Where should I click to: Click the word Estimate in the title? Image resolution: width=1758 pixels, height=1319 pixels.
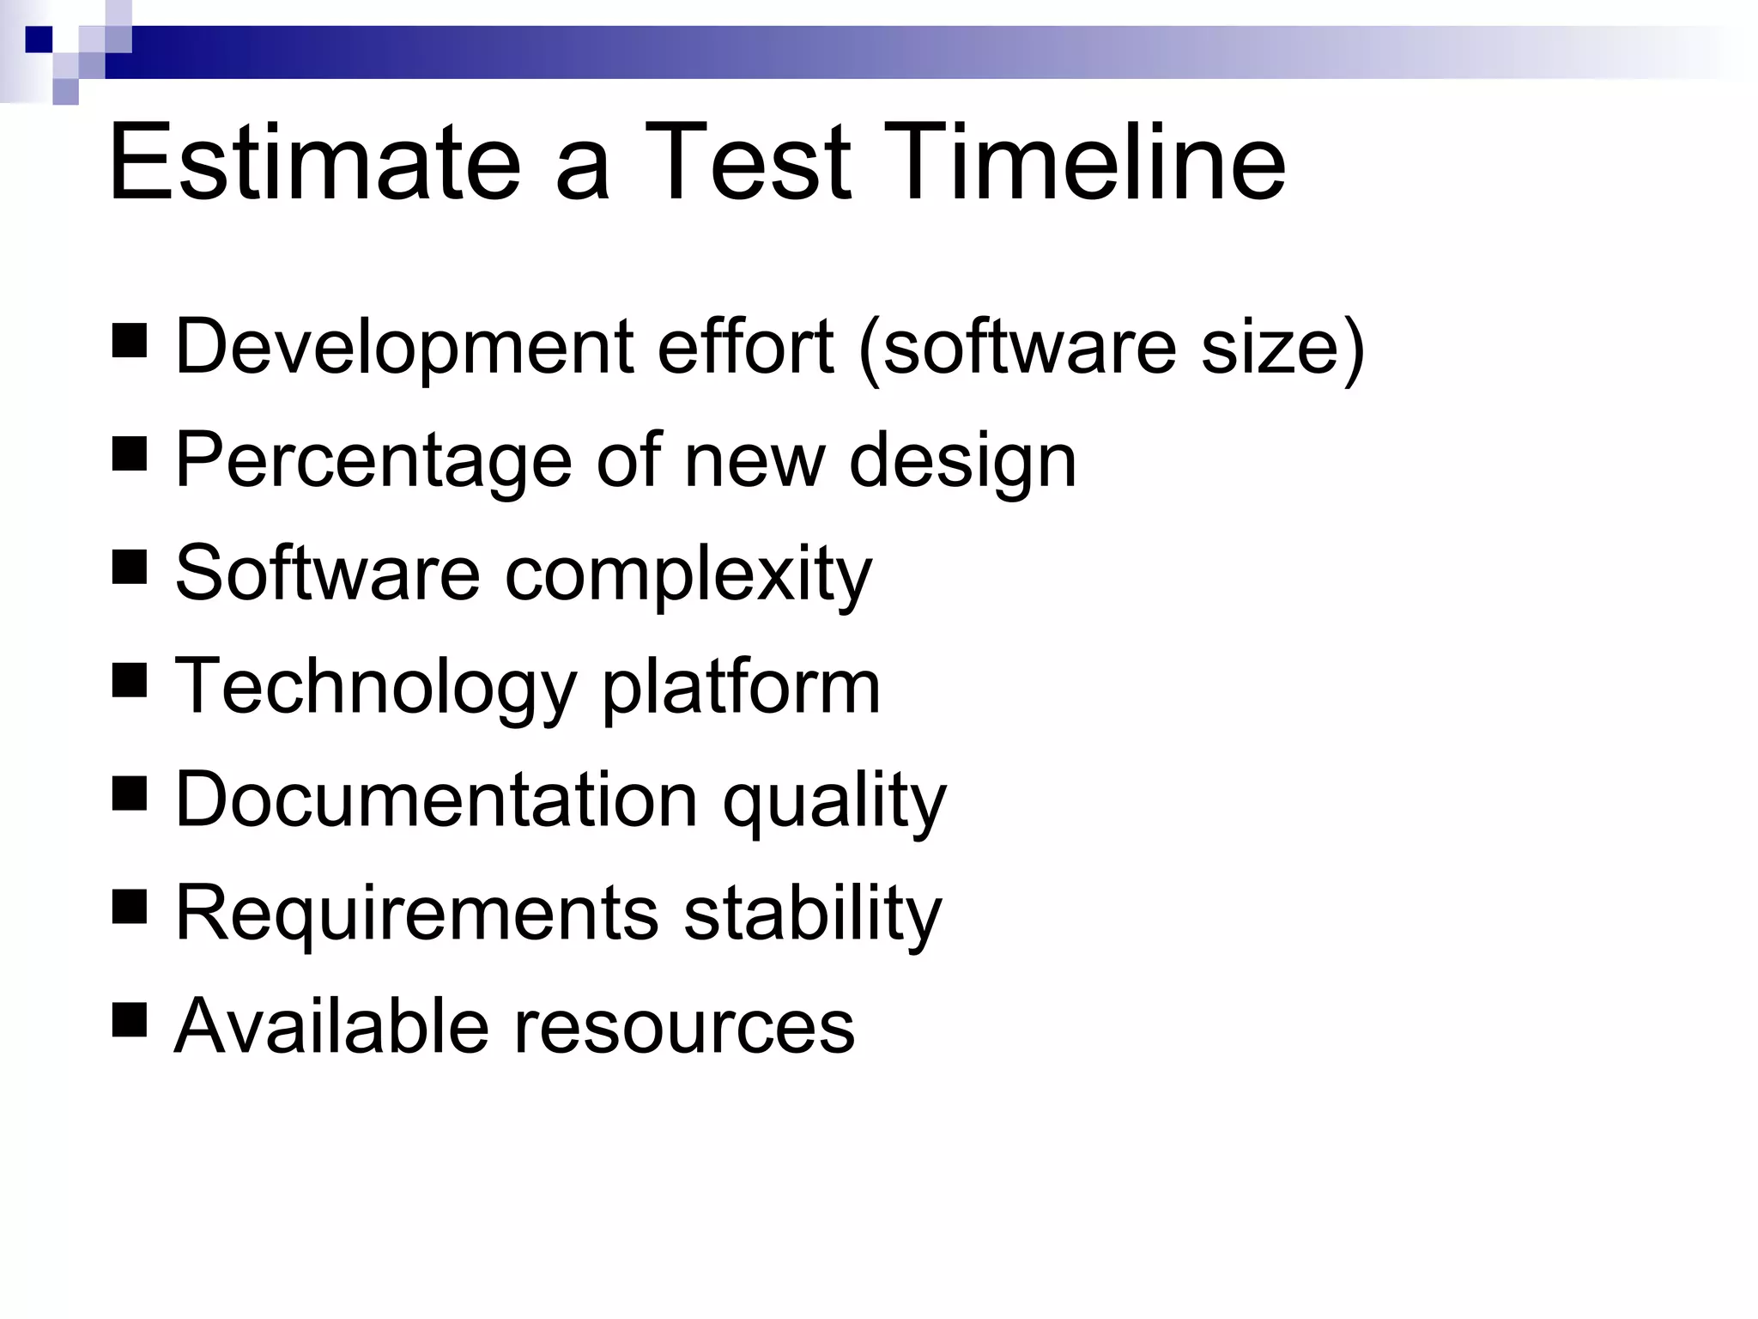pos(314,163)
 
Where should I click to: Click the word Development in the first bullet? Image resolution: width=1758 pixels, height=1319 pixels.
pos(403,348)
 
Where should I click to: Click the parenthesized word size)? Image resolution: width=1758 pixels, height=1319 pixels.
pos(1282,348)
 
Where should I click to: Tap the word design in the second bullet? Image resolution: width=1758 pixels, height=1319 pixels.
pos(962,461)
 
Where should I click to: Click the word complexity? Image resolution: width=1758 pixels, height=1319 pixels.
pos(688,574)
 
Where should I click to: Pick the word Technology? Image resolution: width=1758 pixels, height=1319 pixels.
pos(375,688)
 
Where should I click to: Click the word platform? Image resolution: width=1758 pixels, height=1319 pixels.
pos(741,688)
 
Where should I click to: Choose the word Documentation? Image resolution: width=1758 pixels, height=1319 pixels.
pos(436,800)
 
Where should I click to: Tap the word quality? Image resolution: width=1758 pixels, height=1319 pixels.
pos(834,800)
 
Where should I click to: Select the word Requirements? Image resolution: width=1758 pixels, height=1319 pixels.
pos(416,913)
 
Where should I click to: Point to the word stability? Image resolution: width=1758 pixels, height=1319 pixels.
pos(812,913)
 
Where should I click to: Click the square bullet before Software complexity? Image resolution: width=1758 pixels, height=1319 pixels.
pos(129,568)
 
